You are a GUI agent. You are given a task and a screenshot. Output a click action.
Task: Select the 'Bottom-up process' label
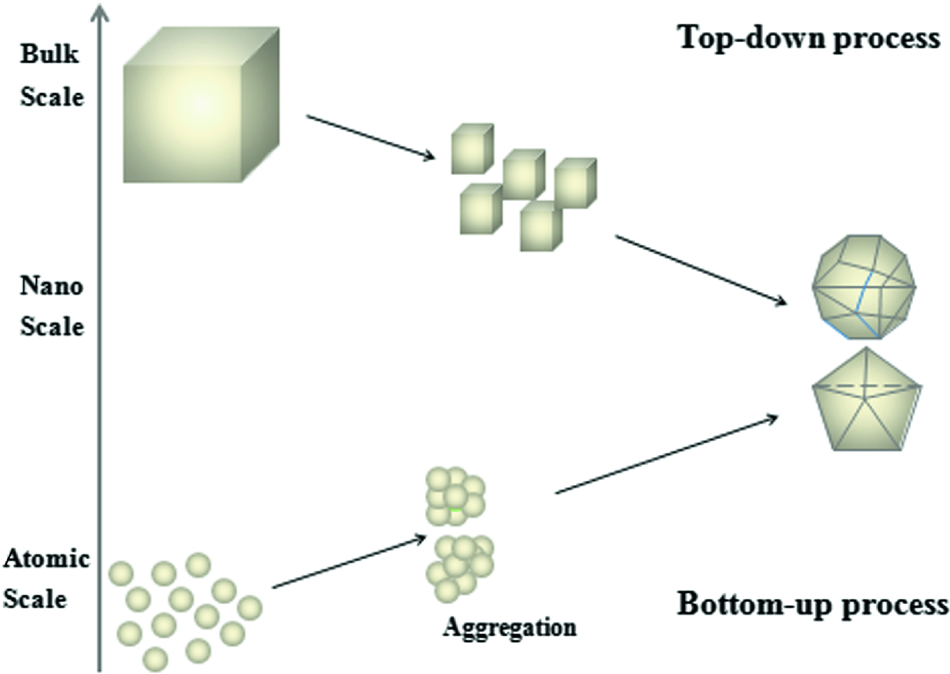click(x=812, y=604)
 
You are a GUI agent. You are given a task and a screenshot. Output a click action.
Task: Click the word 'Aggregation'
click(x=509, y=627)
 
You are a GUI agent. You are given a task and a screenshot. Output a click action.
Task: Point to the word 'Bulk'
click(x=49, y=53)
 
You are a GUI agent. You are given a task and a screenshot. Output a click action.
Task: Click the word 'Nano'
click(x=51, y=286)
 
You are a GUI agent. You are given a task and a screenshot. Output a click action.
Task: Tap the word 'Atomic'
click(x=46, y=559)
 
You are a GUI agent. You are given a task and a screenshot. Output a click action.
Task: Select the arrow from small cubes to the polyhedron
click(x=700, y=269)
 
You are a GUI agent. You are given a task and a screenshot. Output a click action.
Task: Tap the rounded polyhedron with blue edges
click(x=864, y=287)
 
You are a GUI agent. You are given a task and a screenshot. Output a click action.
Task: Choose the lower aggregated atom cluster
click(x=460, y=566)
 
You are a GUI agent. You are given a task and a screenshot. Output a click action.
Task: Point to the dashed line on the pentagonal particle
click(x=867, y=386)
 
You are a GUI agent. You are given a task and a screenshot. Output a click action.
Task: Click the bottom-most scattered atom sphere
click(x=155, y=659)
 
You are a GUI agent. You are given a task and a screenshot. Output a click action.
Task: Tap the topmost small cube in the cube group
click(x=472, y=148)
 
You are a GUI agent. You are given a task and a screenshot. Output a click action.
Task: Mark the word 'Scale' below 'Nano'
click(x=52, y=326)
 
